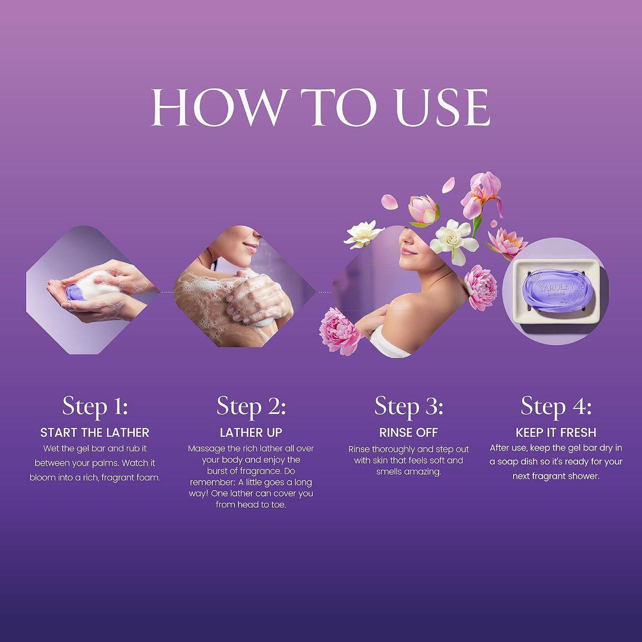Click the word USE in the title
point(443,108)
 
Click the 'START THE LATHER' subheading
point(95,433)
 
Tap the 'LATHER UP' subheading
point(251,433)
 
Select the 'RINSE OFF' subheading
point(408,433)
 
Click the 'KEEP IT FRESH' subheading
point(556,433)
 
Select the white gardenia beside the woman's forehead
point(454,241)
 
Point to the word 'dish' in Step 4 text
point(533,462)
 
